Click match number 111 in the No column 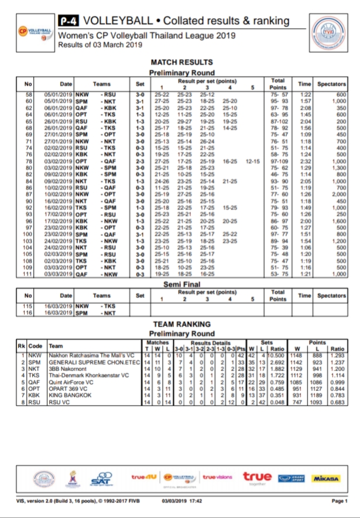(x=28, y=274)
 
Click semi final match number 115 (x=28, y=306)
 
